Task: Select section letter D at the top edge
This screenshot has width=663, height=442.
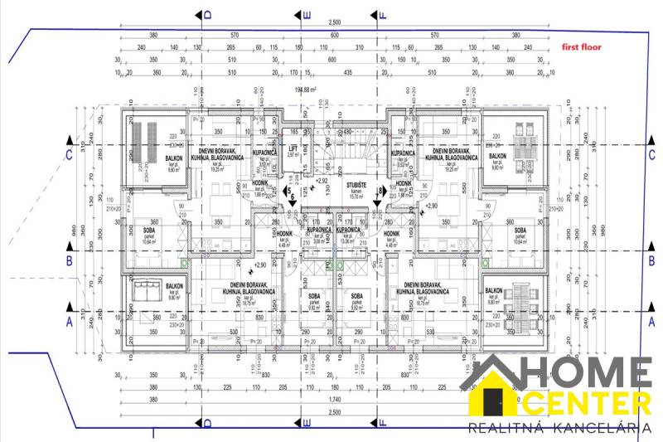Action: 208,14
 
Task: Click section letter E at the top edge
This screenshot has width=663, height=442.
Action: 307,14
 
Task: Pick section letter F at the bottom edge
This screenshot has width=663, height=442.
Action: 382,424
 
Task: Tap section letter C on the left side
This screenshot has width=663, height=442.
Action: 70,153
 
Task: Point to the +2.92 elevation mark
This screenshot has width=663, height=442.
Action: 322,179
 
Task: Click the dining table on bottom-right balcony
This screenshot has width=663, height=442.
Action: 522,294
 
